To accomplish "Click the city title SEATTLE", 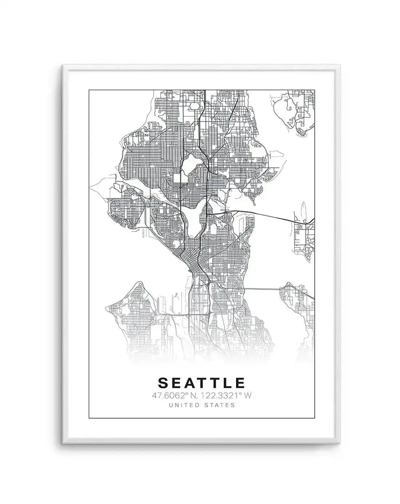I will pyautogui.click(x=201, y=383).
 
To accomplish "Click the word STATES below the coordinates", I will pyautogui.click(x=220, y=405).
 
